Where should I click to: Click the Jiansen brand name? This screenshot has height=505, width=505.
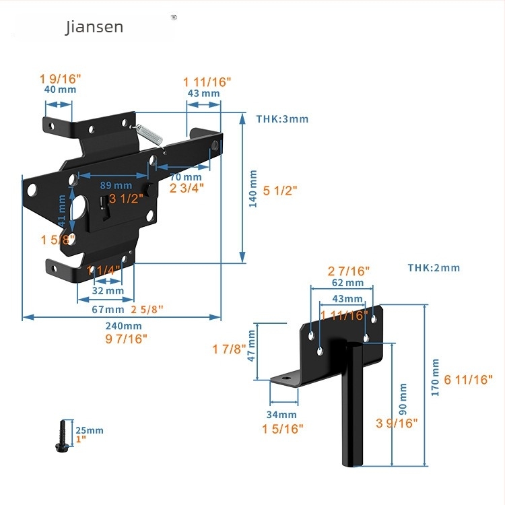[x=94, y=27]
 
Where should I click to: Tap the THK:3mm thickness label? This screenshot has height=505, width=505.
[x=282, y=119]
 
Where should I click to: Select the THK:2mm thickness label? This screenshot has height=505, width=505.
[x=434, y=268]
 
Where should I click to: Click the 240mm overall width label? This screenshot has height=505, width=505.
[x=124, y=325]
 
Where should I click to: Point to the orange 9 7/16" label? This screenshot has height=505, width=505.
[x=126, y=338]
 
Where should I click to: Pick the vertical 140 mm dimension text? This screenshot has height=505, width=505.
[x=253, y=189]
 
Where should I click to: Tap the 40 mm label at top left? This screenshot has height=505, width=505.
[x=60, y=89]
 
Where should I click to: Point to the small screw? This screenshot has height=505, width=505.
[x=61, y=436]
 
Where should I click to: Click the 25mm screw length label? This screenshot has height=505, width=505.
[x=89, y=430]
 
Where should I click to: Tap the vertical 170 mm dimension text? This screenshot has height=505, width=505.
[x=436, y=377]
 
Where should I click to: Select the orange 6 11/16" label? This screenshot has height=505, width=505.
[x=469, y=380]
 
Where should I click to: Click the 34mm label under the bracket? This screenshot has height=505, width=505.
[x=281, y=415]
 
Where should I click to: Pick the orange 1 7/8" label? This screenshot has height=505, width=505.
[x=228, y=349]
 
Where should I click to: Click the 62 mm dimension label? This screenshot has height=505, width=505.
[x=347, y=283]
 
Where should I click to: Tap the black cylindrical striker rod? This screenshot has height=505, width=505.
[x=353, y=404]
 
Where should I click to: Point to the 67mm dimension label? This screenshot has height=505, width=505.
[x=108, y=310]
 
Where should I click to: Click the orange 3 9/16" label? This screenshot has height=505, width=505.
[x=397, y=423]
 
